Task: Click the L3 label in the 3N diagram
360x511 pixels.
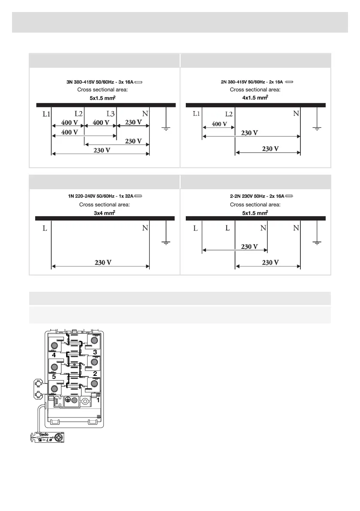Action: click(x=111, y=114)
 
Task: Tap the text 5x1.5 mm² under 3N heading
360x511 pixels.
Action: click(x=102, y=98)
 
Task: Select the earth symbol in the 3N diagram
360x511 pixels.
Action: click(x=166, y=127)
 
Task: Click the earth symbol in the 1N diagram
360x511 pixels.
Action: click(x=166, y=243)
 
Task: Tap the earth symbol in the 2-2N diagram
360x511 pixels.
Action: click(x=317, y=243)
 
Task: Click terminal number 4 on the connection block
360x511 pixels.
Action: click(x=54, y=355)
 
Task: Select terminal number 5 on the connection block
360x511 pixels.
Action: click(x=54, y=378)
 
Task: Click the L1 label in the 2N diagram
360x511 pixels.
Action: click(x=196, y=114)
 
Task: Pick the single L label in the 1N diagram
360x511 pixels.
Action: click(x=45, y=229)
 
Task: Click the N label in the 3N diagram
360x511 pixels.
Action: click(x=145, y=114)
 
